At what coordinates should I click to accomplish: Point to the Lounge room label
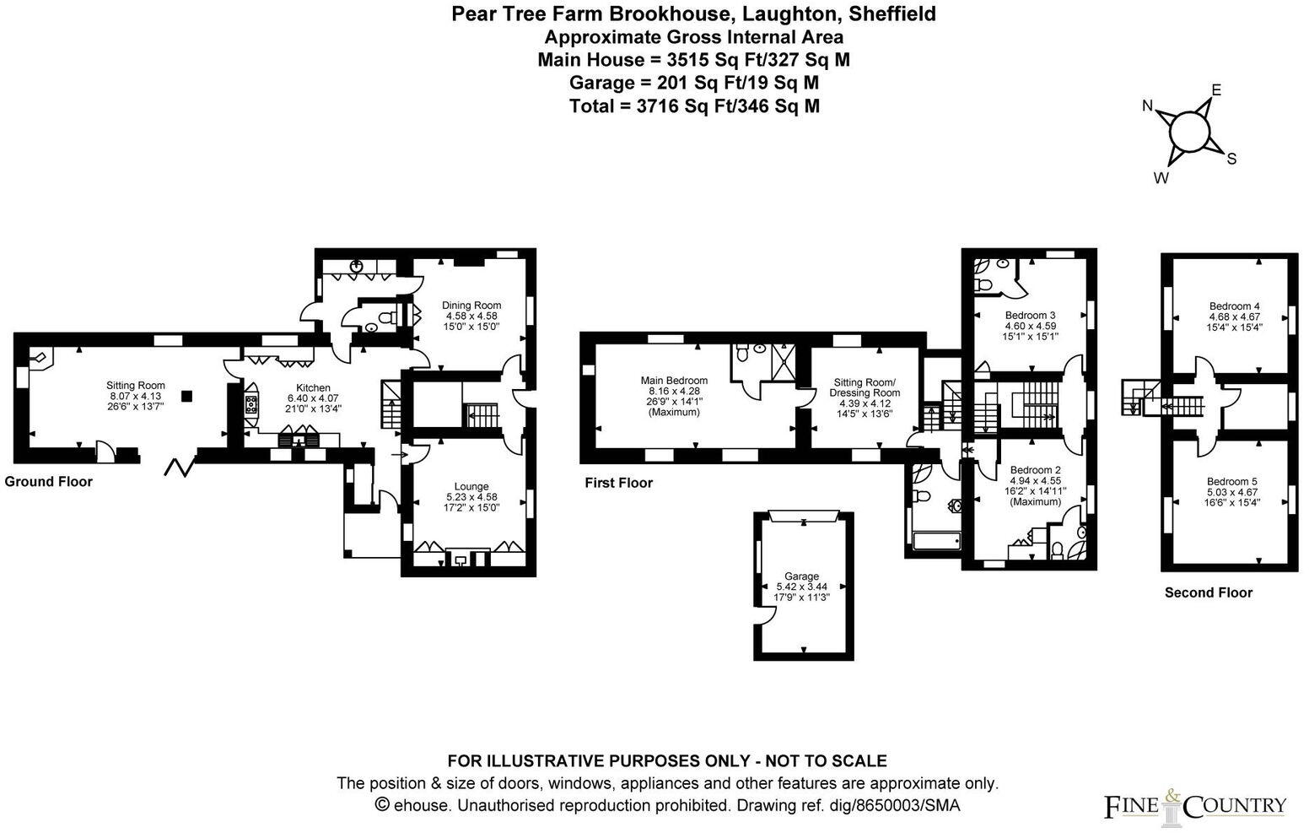point(471,486)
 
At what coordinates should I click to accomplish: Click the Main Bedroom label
point(674,381)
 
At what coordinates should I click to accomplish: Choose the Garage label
point(801,576)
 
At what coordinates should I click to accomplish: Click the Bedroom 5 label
point(1231,482)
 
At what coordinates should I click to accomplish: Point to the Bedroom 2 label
point(1035,470)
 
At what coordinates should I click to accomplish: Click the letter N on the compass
point(1148,105)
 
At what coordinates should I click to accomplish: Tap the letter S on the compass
point(1231,159)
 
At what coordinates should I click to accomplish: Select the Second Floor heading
point(1208,592)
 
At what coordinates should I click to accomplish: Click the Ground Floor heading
point(48,481)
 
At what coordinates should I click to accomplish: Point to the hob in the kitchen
point(250,403)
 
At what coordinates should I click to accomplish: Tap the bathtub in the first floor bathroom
point(935,541)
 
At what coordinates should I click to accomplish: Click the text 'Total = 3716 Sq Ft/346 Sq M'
point(693,105)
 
